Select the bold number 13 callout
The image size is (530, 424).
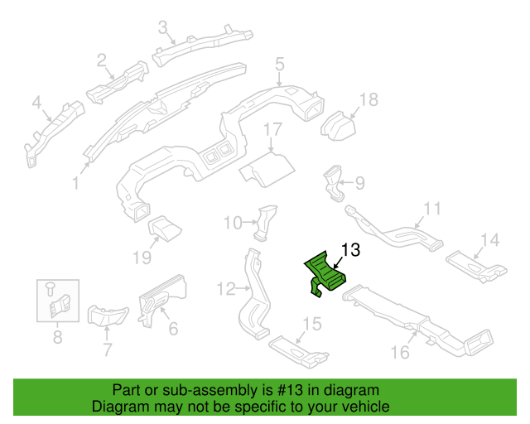coord(350,250)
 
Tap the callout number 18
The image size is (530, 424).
coord(369,99)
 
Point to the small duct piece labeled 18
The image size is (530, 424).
coord(338,126)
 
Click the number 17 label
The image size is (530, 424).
coord(272,129)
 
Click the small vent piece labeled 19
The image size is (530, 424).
coord(165,229)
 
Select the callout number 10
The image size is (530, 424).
coord(233,223)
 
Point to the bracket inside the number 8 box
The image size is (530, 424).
coord(60,306)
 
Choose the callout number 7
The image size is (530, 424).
coord(107,349)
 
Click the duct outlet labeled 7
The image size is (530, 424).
coord(108,316)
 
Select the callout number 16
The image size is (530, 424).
coord(400,352)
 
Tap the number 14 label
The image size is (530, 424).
coord(489,240)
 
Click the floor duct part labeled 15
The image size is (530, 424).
coord(299,352)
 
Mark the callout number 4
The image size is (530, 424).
coord(36,103)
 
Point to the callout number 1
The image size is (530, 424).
coord(75,183)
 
